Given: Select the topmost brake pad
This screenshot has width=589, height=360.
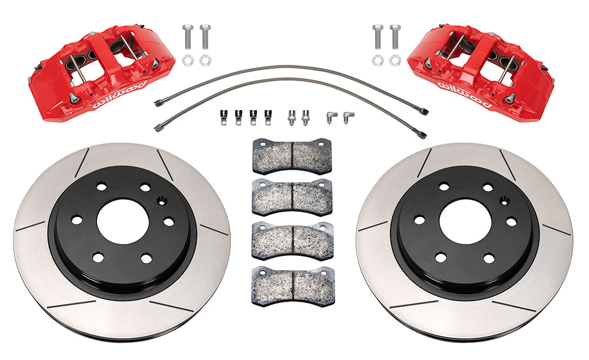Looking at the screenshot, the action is point(292,156).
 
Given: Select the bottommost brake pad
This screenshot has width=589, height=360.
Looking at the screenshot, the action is point(293,286).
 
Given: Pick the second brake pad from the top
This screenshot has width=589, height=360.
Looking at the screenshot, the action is point(293,197).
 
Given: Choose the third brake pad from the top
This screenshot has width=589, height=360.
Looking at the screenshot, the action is point(293,241).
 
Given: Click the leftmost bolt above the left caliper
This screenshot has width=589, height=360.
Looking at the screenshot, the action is point(188,37).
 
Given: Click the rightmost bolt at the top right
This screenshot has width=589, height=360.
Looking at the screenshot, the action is point(395,37).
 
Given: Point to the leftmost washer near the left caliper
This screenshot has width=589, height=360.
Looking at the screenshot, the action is point(187,60).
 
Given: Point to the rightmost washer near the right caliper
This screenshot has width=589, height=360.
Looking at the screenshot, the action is point(395,61).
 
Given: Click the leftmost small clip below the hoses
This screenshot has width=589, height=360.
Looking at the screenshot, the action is point(223,117).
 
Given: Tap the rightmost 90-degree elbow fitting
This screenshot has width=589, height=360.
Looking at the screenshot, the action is point(348,117).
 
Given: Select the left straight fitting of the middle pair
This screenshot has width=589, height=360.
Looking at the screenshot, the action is point(291,118).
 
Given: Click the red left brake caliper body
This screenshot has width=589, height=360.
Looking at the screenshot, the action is point(101,73).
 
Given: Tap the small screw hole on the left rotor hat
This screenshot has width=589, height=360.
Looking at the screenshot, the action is point(162,202).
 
